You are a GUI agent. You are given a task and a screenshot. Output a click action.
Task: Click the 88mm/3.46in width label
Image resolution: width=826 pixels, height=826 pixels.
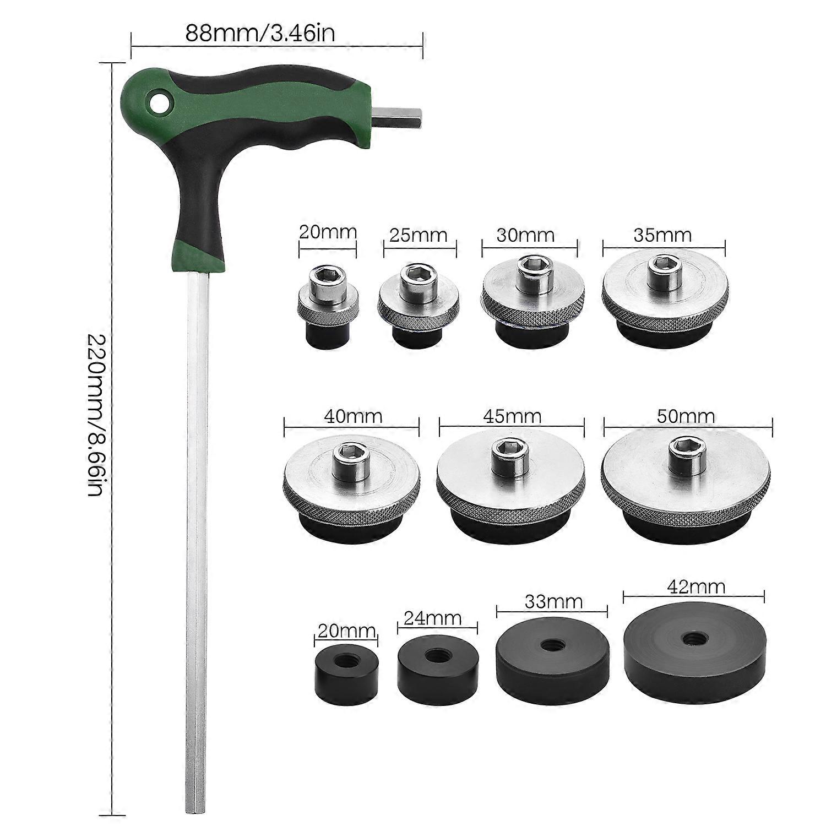[260, 33]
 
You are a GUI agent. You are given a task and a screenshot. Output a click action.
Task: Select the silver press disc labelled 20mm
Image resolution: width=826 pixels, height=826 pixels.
[328, 306]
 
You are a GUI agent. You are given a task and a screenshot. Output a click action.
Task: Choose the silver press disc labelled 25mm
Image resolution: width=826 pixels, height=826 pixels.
[417, 306]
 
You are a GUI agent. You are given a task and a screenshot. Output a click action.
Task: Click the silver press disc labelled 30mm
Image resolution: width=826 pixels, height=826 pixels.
[529, 300]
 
